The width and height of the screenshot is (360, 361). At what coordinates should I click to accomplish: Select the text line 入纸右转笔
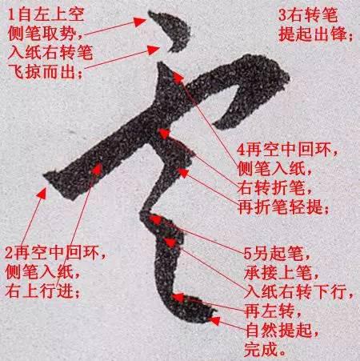tap(50, 52)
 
